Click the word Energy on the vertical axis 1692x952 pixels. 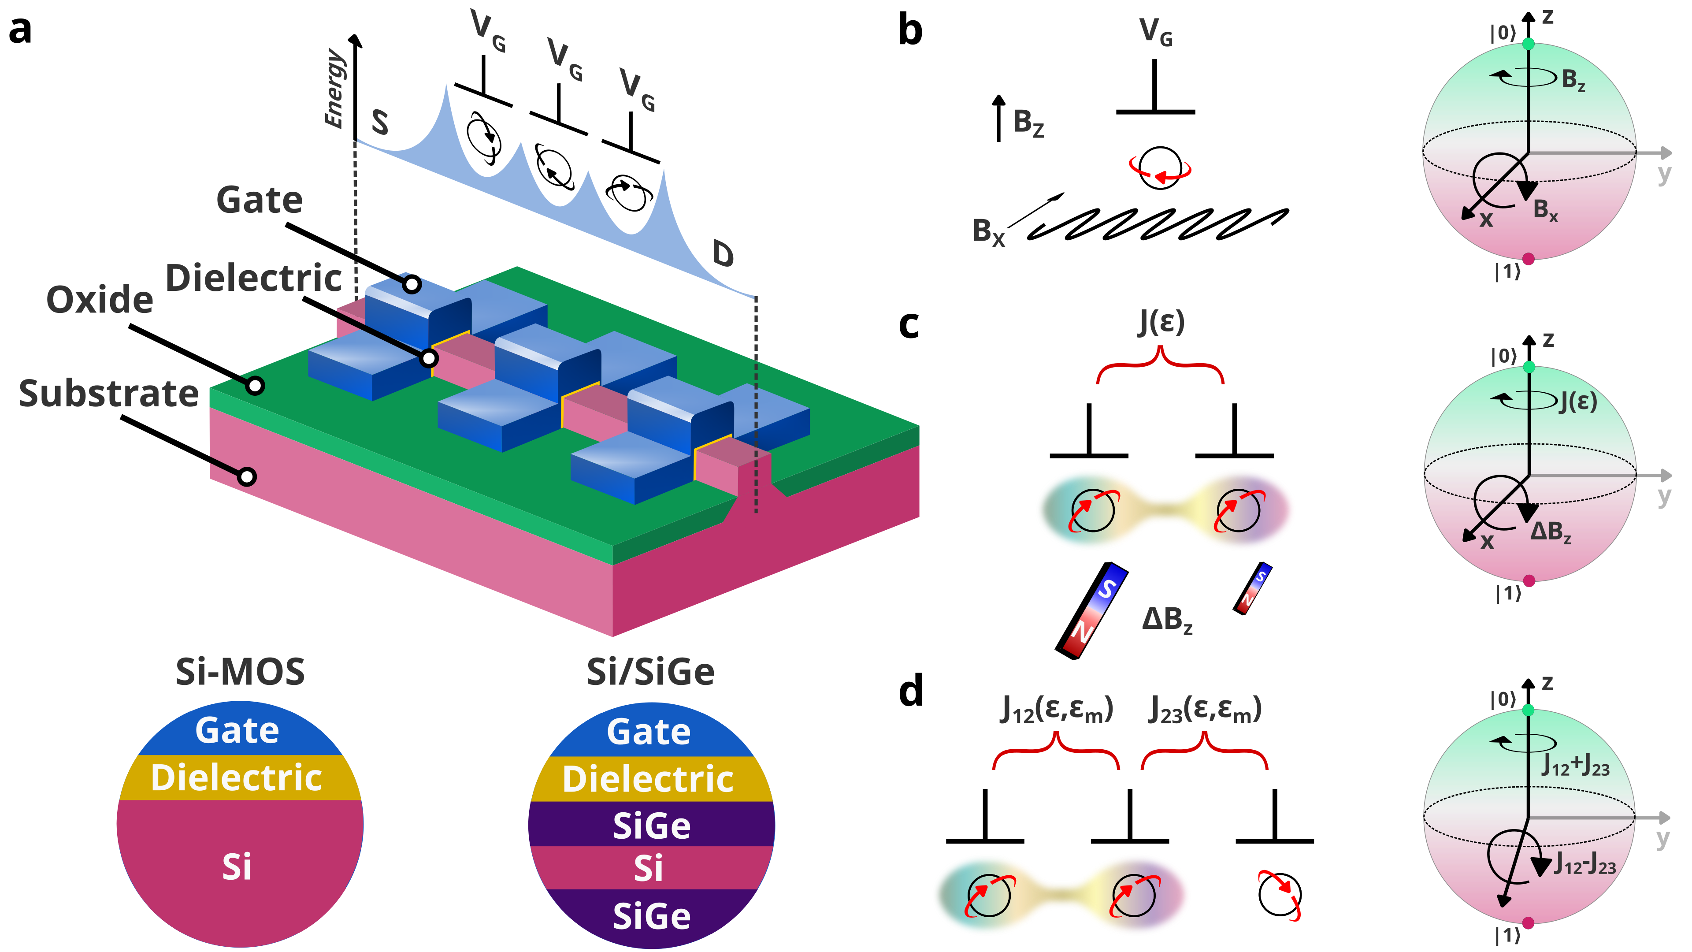pyautogui.click(x=334, y=88)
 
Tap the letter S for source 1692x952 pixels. pyautogui.click(x=380, y=122)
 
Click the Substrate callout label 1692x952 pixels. pyautogui.click(x=108, y=394)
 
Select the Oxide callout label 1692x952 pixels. pyautogui.click(x=100, y=300)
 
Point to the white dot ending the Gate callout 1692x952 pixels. pyautogui.click(x=412, y=284)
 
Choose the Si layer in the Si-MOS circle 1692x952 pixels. pyautogui.click(x=237, y=867)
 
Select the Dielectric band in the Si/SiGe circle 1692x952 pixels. pyautogui.click(x=648, y=779)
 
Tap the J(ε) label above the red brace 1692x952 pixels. pyautogui.click(x=1161, y=322)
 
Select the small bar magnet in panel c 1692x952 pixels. pyautogui.click(x=1253, y=588)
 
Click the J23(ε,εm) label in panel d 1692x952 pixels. pyautogui.click(x=1205, y=710)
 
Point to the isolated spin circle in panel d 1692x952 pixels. pyautogui.click(x=1280, y=894)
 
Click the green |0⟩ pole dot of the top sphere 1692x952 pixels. pyautogui.click(x=1529, y=43)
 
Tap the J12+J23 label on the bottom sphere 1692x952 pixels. pyautogui.click(x=1576, y=766)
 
